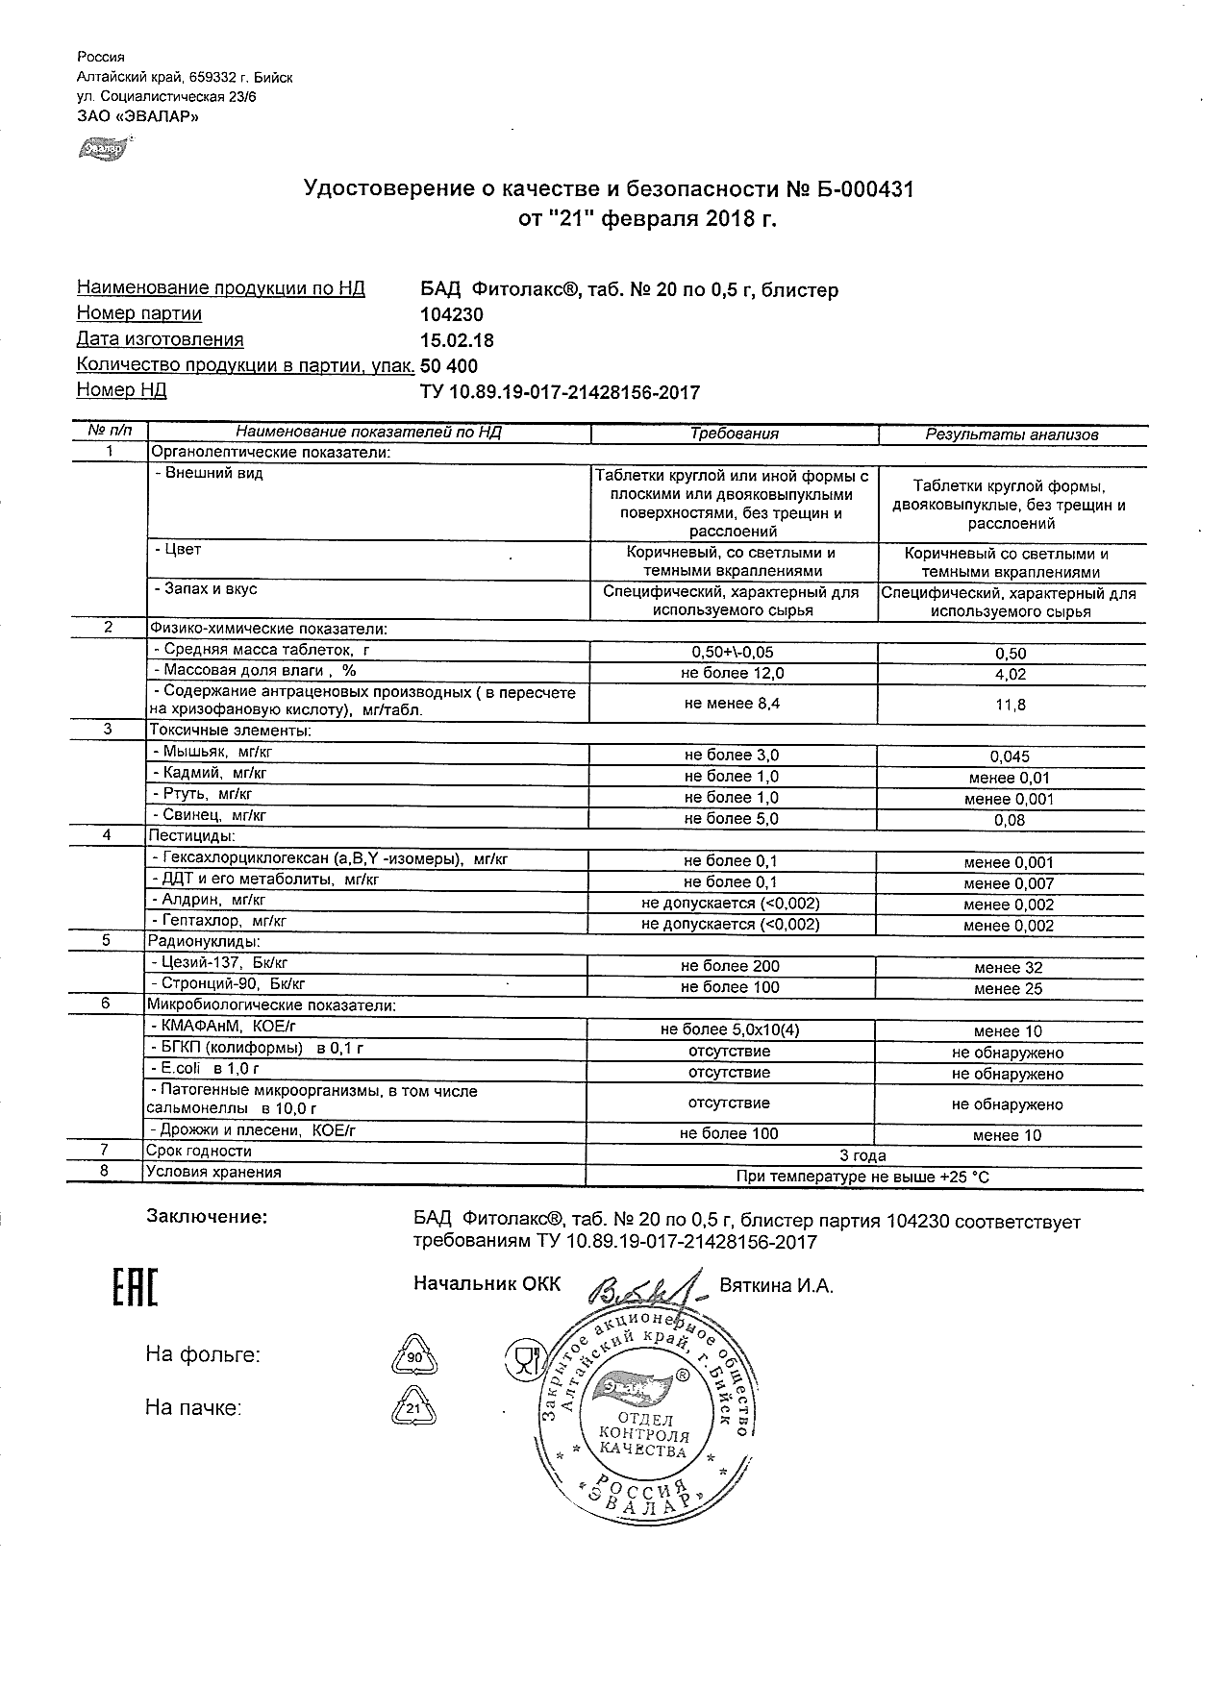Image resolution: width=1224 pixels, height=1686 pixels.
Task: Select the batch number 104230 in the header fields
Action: [452, 314]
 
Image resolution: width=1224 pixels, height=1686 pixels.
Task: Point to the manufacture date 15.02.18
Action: [458, 340]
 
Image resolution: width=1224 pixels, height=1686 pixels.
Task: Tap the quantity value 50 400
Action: [449, 366]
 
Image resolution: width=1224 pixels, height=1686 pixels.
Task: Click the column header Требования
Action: [735, 434]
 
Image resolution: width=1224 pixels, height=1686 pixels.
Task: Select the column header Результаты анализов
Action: [1012, 434]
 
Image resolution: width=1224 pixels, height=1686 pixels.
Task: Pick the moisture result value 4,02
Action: [1011, 675]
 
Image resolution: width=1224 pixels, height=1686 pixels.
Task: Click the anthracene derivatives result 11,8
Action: [1011, 705]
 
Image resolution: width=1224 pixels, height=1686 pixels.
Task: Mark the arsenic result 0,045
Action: [1011, 756]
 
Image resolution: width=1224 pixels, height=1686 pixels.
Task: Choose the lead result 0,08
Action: [1011, 820]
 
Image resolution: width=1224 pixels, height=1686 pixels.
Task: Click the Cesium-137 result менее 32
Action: [1008, 968]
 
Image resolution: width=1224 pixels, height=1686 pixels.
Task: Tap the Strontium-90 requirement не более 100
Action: [730, 987]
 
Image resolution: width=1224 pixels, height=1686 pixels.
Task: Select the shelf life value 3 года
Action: [863, 1155]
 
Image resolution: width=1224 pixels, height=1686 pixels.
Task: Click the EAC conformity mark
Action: [134, 1288]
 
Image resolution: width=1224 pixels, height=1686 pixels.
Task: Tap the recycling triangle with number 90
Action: [414, 1357]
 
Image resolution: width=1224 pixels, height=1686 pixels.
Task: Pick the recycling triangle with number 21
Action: [414, 1409]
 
